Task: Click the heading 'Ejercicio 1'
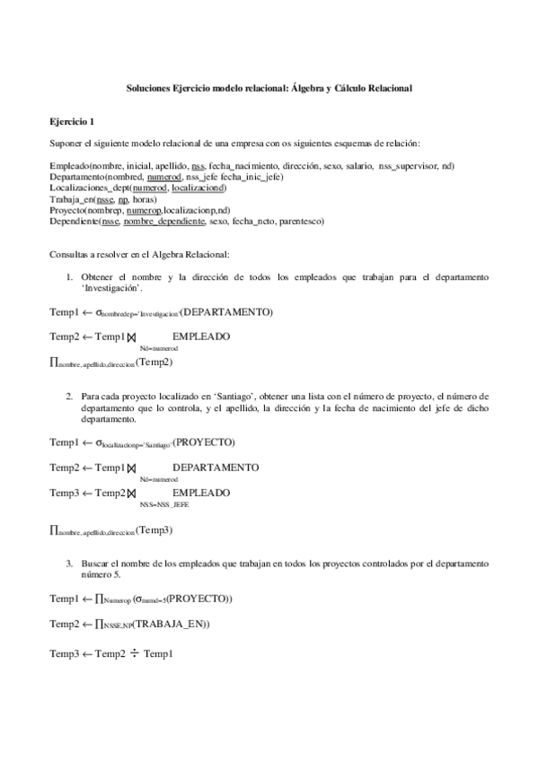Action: coord(71,120)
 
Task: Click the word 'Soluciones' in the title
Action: coord(146,89)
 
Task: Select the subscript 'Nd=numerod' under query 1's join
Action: coord(158,346)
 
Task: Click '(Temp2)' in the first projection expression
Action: coord(154,363)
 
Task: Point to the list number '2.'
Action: coord(69,396)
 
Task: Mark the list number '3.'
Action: coord(69,563)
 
